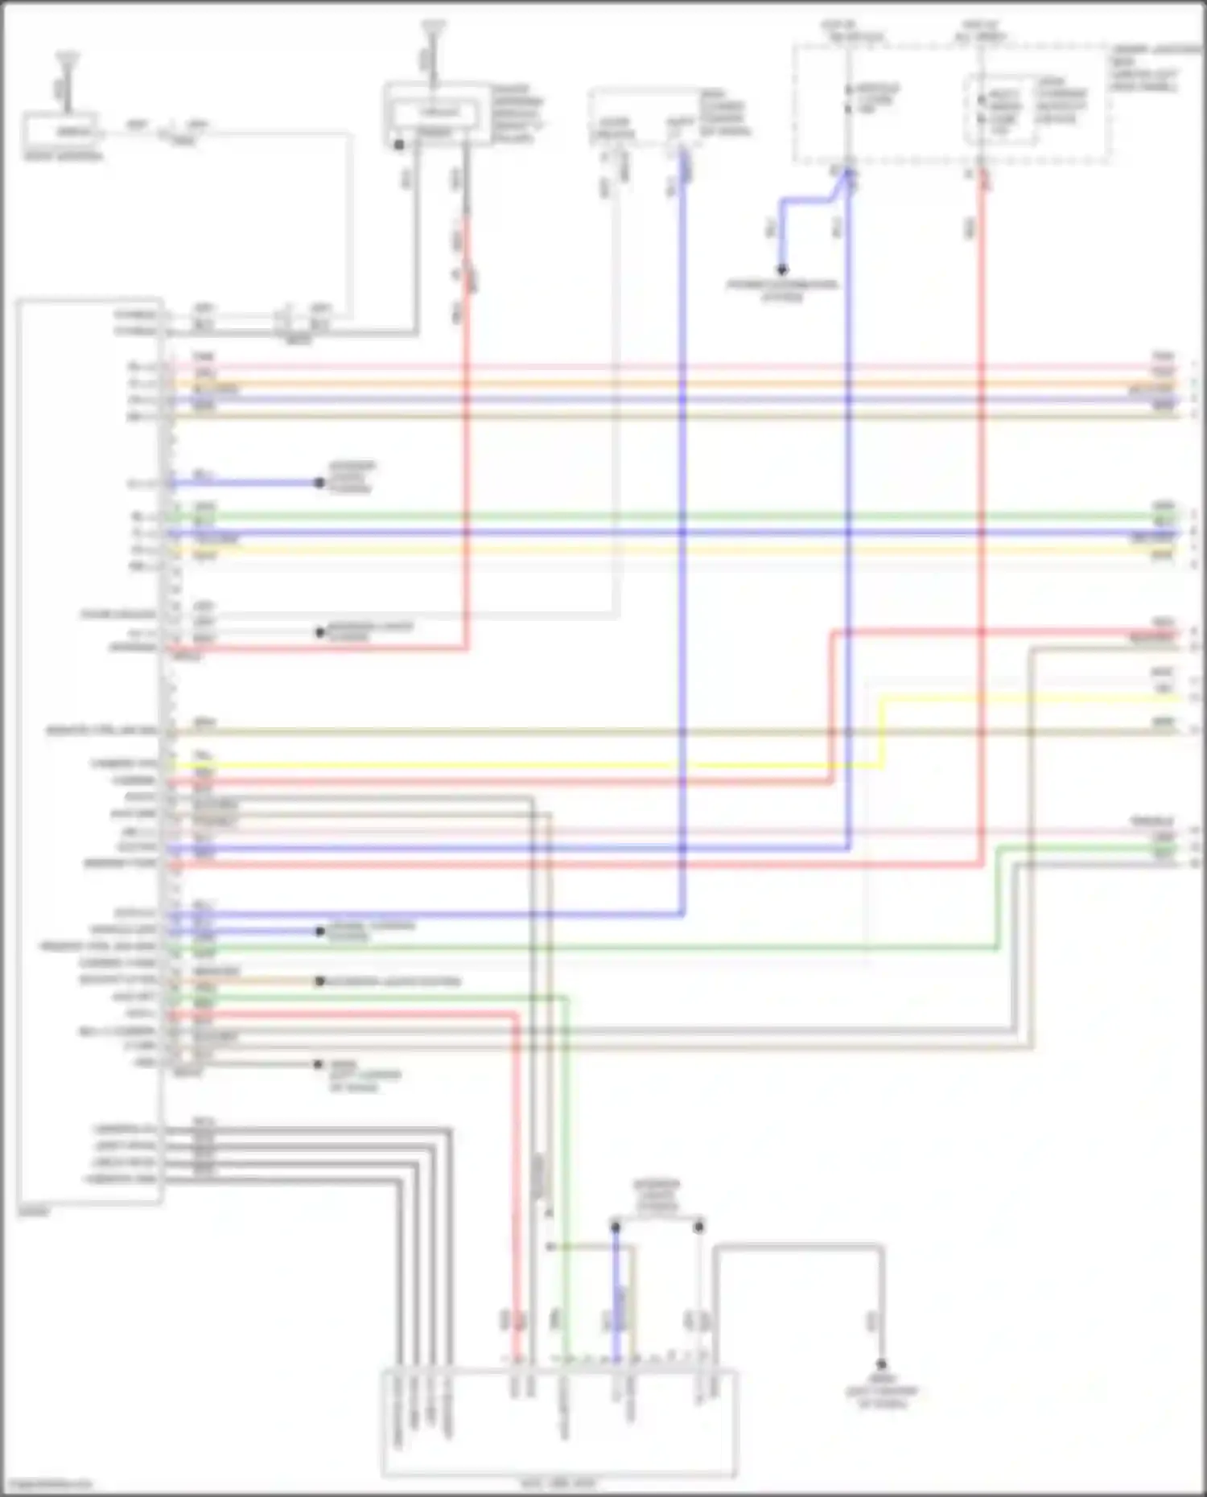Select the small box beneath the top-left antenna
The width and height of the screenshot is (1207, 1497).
pyautogui.click(x=61, y=130)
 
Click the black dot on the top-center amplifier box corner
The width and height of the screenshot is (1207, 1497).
pyautogui.click(x=399, y=145)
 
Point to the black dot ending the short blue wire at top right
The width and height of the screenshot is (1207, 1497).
pyautogui.click(x=781, y=269)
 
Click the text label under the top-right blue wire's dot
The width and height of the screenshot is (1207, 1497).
pyautogui.click(x=781, y=290)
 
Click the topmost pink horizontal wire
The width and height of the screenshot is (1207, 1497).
pyautogui.click(x=644, y=367)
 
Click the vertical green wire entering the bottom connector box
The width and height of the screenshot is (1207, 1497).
pyautogui.click(x=566, y=1207)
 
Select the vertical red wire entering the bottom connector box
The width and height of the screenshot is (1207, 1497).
pyautogui.click(x=515, y=1207)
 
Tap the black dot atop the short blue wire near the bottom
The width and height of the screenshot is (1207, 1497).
pyautogui.click(x=616, y=1228)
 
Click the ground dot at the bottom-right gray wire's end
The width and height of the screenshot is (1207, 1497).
pyautogui.click(x=881, y=1364)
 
